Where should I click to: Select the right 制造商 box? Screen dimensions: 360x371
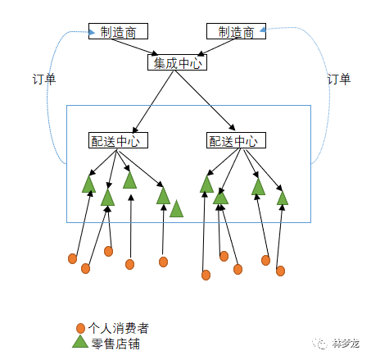tap(236, 32)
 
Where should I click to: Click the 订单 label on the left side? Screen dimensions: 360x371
tap(42, 80)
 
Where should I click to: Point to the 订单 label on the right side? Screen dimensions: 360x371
tap(338, 80)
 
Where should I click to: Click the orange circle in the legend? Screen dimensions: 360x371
tap(80, 327)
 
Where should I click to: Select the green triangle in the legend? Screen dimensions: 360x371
tap(79, 341)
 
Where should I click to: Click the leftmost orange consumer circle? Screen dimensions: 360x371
tap(72, 259)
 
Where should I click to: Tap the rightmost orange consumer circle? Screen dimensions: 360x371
tap(281, 271)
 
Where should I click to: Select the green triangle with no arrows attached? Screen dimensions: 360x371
tap(176, 210)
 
